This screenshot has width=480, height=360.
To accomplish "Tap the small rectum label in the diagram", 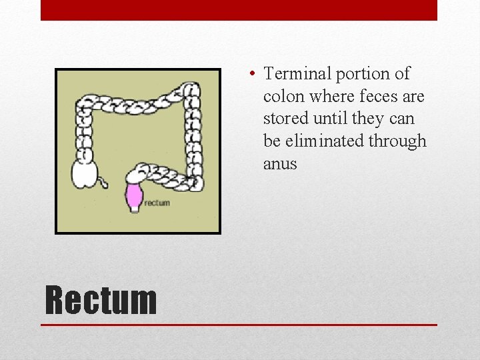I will click(x=157, y=203).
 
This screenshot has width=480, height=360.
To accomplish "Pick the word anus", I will click(x=280, y=164).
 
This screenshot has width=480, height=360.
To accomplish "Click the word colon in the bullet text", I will click(x=283, y=97).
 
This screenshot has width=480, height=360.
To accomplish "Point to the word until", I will click(x=331, y=119).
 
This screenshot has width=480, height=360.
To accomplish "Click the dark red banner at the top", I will click(x=239, y=10).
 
